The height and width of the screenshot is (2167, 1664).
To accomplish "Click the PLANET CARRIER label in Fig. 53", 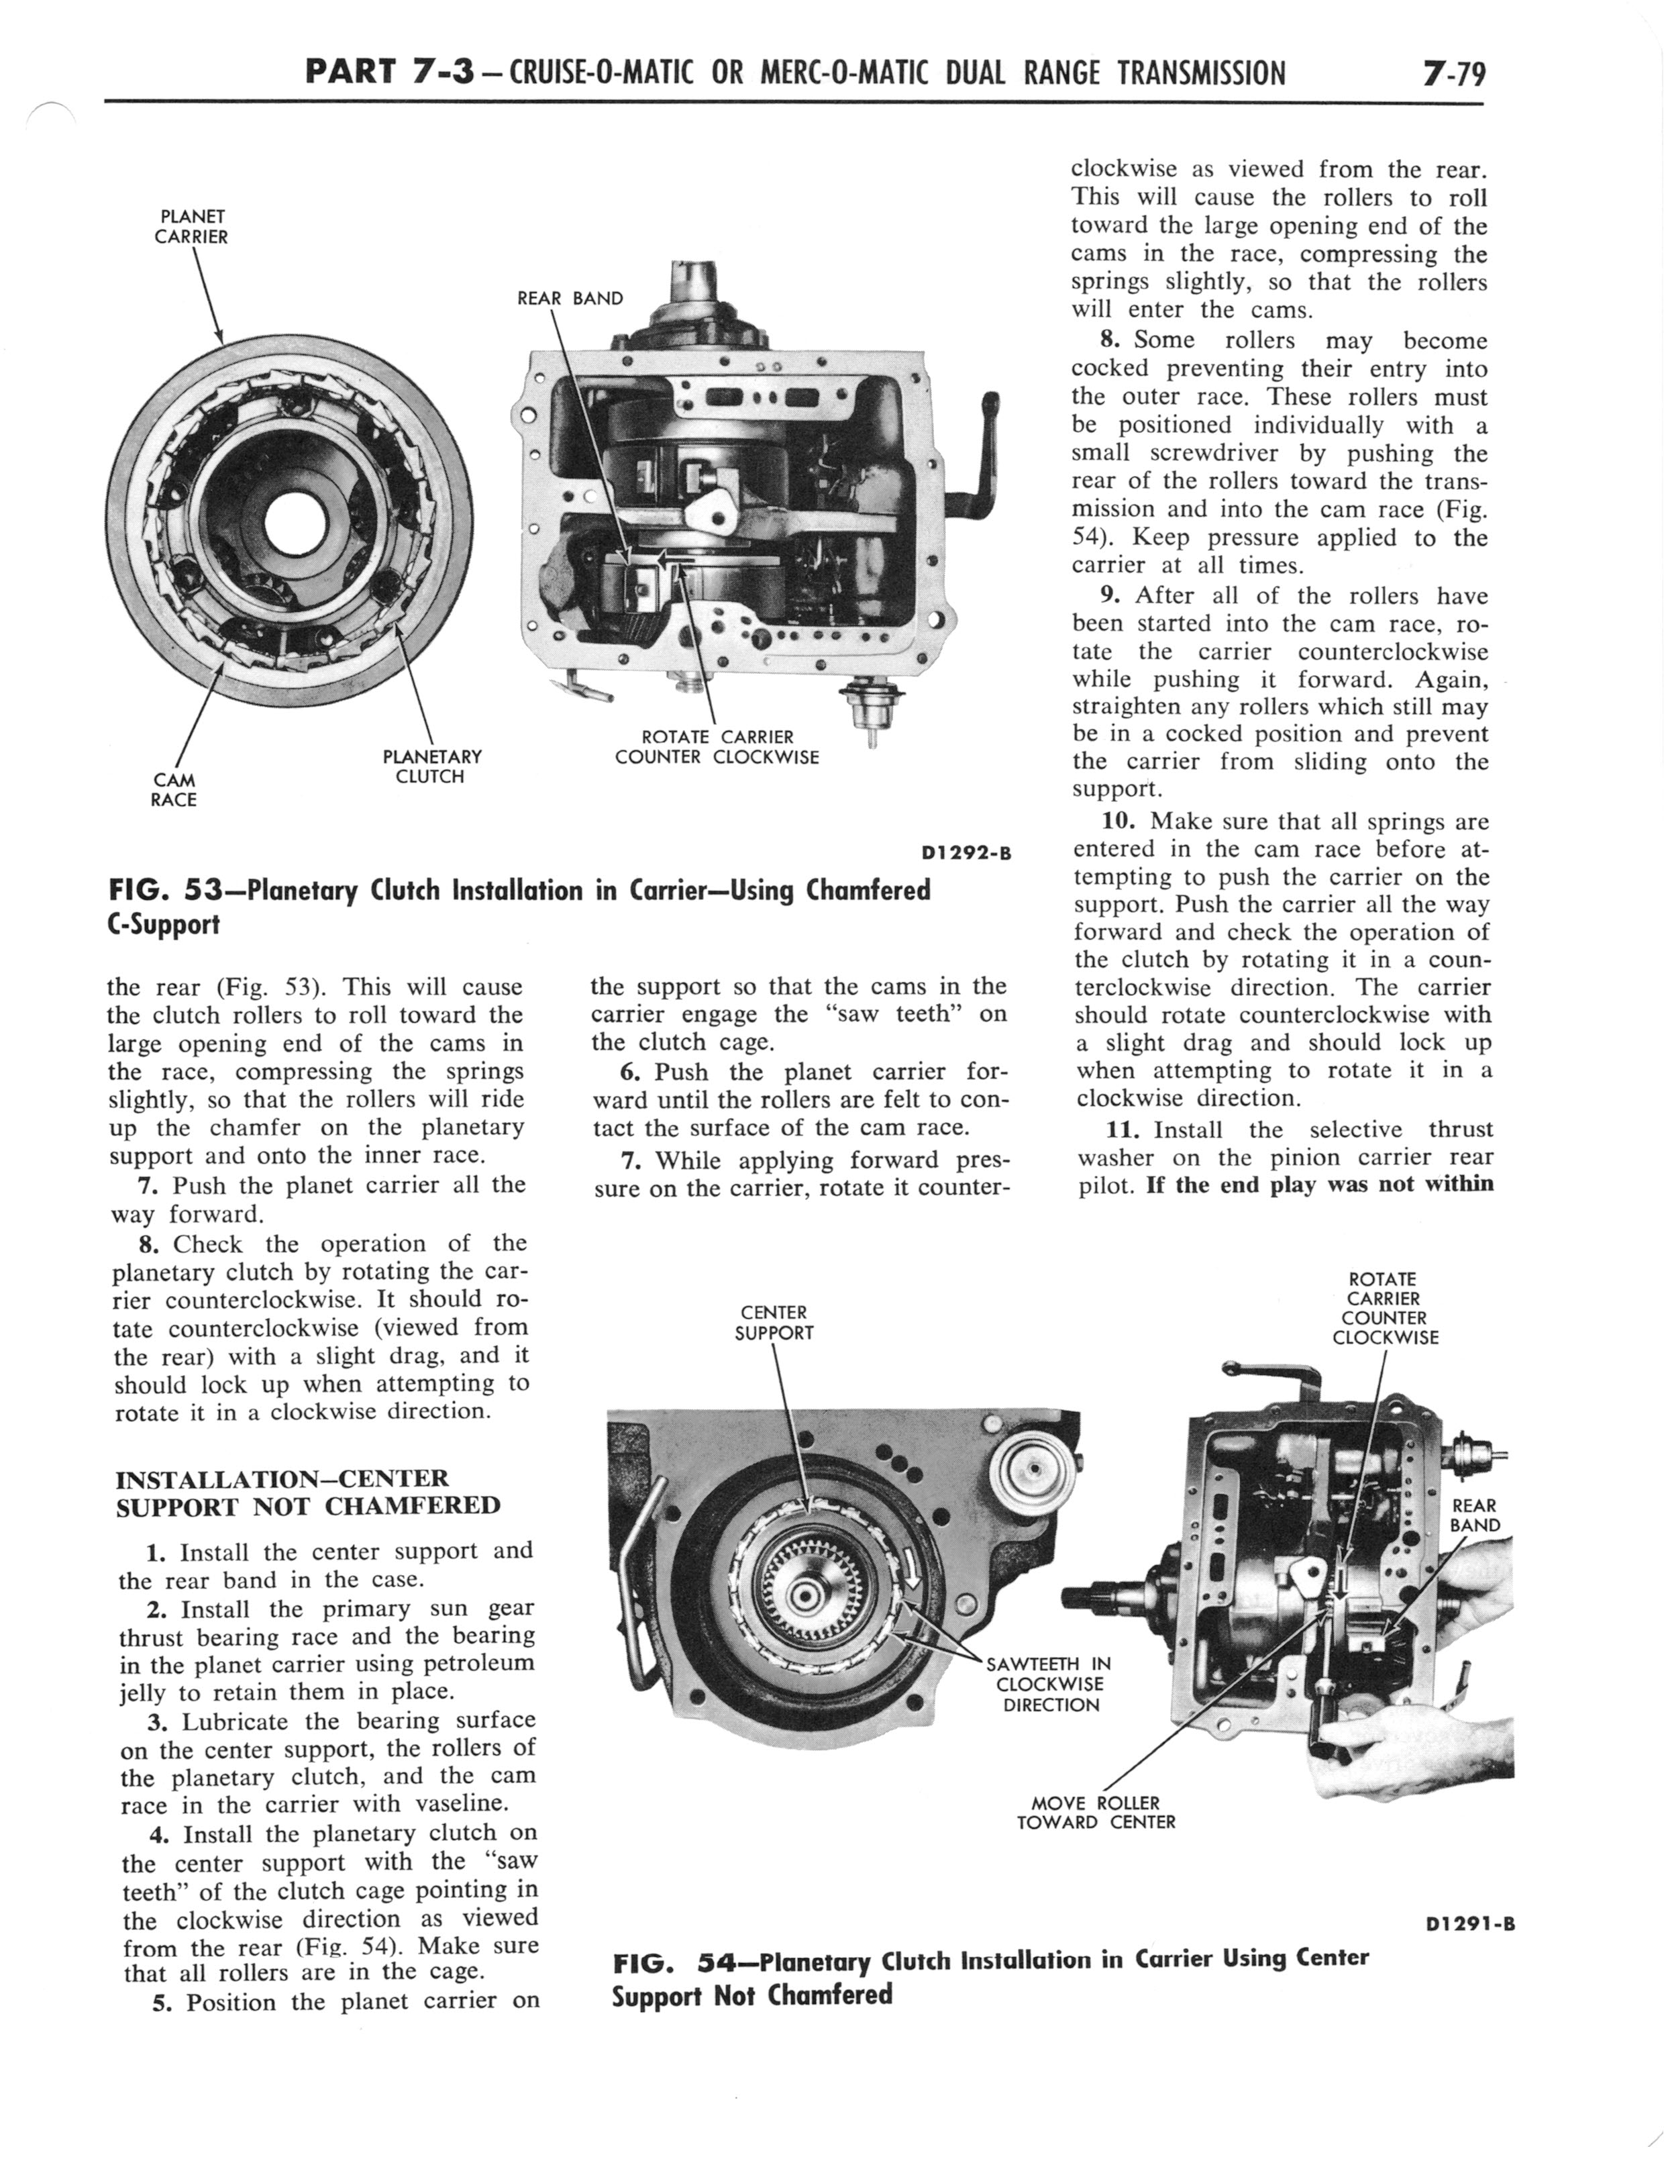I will (x=191, y=227).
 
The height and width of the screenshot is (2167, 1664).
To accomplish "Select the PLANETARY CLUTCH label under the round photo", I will (x=432, y=766).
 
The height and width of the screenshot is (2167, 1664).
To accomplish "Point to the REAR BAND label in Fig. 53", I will (x=570, y=298).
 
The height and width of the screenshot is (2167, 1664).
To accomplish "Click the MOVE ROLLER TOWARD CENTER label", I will (x=1096, y=1813).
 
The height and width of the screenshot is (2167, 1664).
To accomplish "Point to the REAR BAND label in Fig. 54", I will (x=1475, y=1515).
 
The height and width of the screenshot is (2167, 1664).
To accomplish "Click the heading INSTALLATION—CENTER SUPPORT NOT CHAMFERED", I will (x=308, y=1493).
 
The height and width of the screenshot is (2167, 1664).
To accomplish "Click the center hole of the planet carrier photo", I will (x=289, y=524).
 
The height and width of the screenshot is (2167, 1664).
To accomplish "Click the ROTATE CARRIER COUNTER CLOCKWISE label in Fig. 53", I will (x=717, y=747).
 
